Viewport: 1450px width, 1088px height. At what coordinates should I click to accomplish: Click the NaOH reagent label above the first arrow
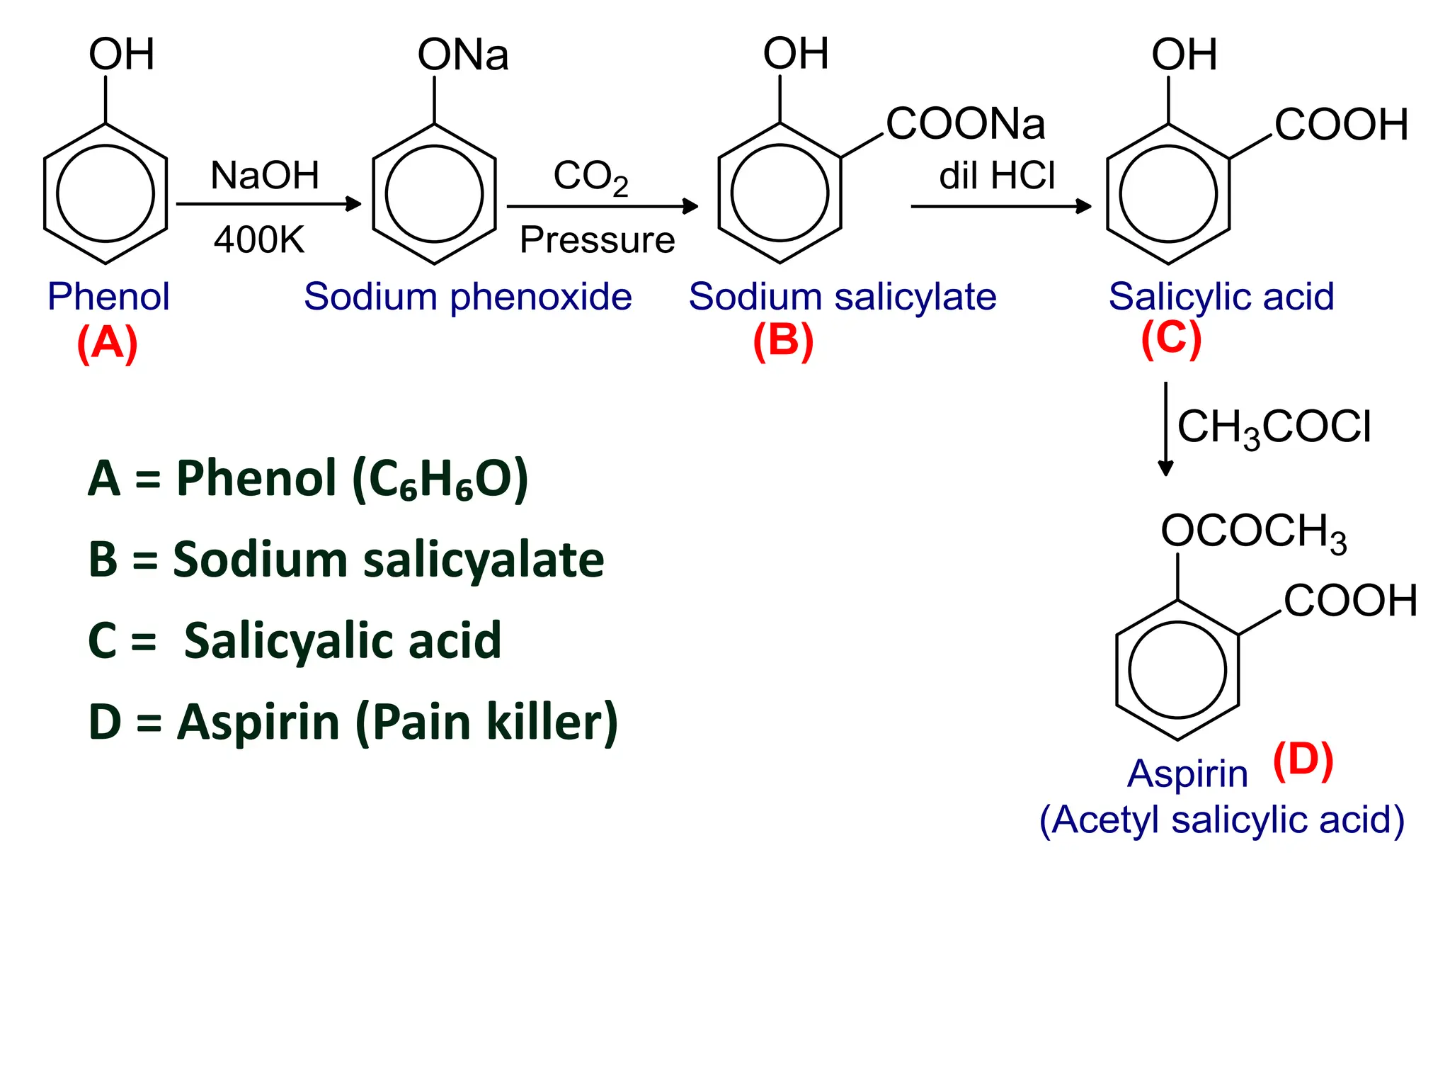[265, 175]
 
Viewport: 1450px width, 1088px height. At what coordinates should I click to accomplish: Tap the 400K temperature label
[259, 239]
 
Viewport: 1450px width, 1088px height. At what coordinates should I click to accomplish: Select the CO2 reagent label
[590, 176]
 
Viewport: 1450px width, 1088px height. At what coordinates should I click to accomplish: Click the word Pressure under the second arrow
[597, 239]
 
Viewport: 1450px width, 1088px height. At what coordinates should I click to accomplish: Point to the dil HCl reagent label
[997, 175]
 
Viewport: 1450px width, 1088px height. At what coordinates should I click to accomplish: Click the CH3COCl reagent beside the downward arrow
[1274, 428]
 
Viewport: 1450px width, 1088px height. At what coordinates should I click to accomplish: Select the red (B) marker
[783, 341]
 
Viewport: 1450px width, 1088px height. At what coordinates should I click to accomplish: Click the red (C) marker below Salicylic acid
[1171, 339]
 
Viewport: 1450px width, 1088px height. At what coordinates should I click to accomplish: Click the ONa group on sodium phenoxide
[463, 55]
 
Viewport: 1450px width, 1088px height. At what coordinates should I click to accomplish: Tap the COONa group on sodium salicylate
[965, 124]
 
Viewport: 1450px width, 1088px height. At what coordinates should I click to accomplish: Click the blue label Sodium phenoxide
[467, 296]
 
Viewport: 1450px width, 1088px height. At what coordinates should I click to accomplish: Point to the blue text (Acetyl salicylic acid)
[1221, 820]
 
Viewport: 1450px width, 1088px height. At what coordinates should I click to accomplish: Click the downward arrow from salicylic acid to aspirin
[1165, 429]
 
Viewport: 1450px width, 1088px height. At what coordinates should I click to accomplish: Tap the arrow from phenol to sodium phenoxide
[268, 204]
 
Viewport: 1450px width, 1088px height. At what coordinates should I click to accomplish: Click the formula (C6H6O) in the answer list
[440, 480]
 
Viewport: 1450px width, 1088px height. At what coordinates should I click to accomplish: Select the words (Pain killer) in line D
[486, 722]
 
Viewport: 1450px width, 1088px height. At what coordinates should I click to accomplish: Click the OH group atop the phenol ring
[121, 55]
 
